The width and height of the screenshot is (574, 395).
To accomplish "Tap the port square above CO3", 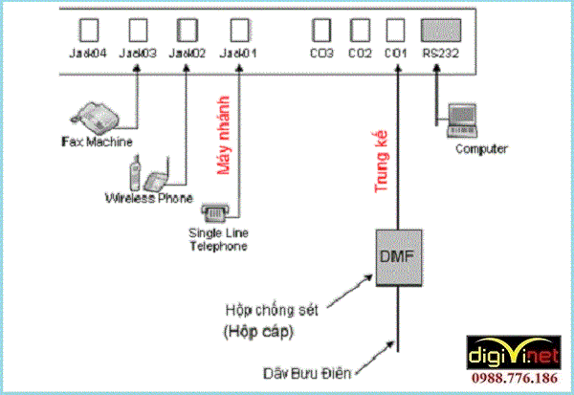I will click(x=320, y=29).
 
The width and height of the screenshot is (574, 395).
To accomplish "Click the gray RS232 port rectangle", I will click(x=441, y=29).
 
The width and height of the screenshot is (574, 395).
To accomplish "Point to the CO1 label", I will click(x=395, y=53).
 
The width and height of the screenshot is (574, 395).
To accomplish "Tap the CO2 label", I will click(x=359, y=53).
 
